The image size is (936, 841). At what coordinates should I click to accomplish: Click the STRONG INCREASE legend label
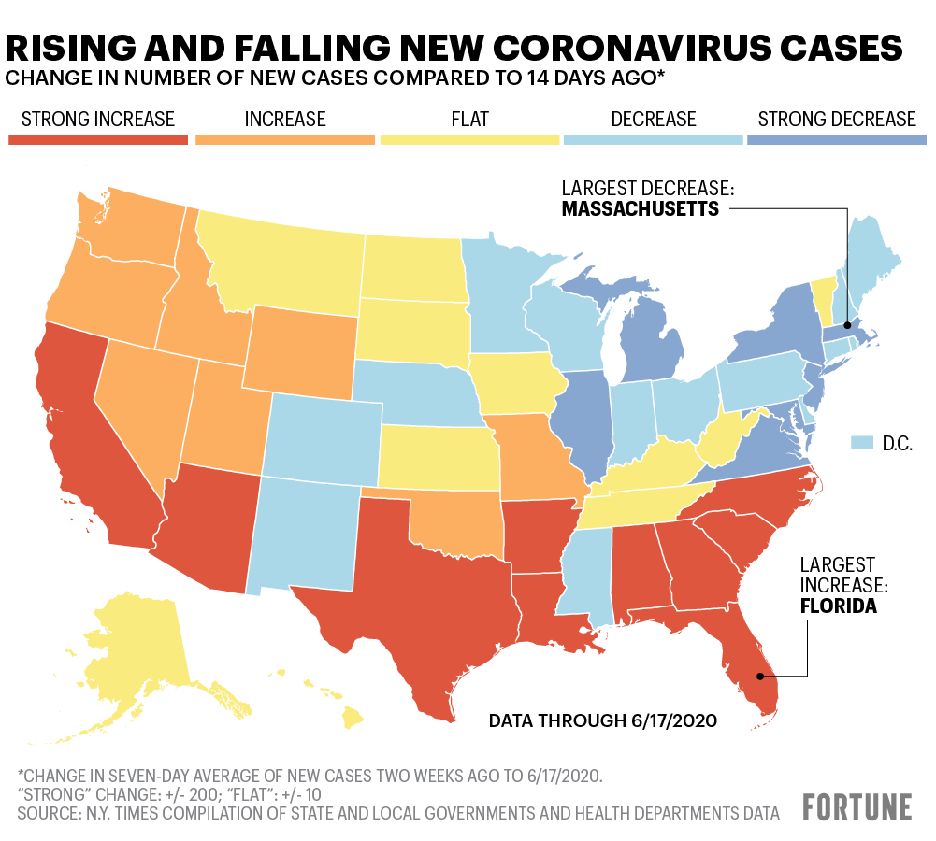pos(98,120)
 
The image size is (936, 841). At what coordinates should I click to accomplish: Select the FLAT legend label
pos(468,120)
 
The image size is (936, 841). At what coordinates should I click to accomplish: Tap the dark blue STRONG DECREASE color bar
pos(837,140)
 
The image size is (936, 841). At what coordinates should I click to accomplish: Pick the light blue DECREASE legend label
pos(654,120)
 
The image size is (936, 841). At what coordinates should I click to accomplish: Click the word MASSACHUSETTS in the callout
pos(640,208)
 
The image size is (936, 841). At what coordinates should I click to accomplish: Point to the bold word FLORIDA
pos(838,606)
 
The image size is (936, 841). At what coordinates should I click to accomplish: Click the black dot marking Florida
pos(760,676)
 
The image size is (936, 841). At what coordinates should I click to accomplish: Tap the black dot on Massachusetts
pos(847,325)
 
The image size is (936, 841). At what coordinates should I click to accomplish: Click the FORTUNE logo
pos(857,806)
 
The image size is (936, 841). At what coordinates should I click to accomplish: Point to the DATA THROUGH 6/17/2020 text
pos(603,720)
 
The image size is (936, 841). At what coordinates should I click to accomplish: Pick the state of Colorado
pos(323,439)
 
